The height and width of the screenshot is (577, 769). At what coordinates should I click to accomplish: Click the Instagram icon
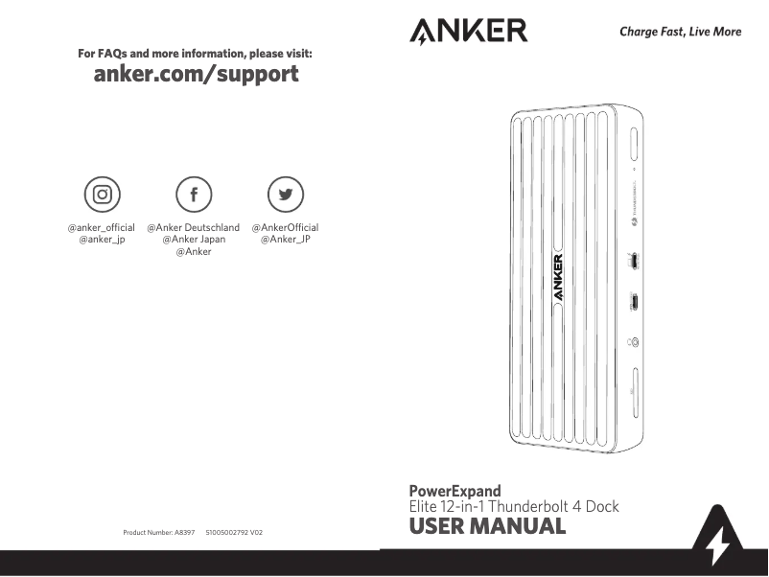tap(101, 195)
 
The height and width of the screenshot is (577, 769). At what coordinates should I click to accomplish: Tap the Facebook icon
tap(193, 195)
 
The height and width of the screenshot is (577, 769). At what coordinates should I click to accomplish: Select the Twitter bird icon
tap(285, 195)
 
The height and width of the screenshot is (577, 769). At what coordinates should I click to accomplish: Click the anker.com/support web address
tap(196, 74)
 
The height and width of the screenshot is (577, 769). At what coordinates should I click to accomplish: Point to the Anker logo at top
tap(468, 31)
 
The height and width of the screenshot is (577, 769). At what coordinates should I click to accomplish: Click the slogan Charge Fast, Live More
tap(680, 32)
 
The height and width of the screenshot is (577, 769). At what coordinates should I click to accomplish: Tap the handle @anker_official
tap(101, 227)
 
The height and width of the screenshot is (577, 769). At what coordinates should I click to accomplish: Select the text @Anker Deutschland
tap(193, 227)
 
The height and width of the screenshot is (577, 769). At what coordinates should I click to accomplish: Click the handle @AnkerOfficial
tap(285, 227)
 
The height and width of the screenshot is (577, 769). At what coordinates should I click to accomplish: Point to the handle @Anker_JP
tap(285, 240)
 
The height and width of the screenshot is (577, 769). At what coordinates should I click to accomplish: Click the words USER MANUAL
tap(487, 526)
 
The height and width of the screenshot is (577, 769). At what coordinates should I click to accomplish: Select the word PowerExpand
tap(454, 491)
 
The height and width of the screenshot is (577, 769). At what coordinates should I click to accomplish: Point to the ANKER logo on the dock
tap(558, 278)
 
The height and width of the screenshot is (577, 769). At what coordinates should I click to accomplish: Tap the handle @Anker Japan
tap(193, 240)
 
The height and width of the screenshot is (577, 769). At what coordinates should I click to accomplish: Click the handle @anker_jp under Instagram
tap(101, 240)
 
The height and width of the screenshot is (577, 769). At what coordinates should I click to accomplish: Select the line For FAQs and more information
tap(195, 54)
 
